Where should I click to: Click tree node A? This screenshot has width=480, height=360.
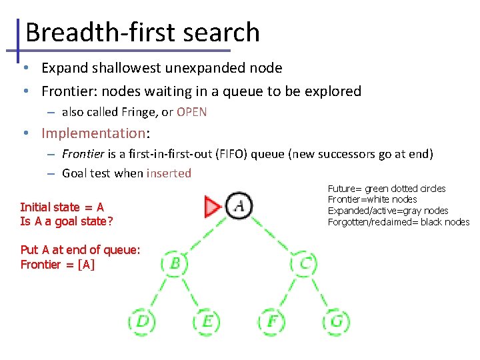point(239,206)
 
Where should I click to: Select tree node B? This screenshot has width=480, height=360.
point(175,262)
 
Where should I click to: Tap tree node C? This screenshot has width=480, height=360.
point(304,262)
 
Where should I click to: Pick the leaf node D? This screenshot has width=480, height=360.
point(142,322)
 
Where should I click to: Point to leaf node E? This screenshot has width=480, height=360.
point(207,322)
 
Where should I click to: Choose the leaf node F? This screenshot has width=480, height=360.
point(272,322)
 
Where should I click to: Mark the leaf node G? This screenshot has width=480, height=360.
point(336,322)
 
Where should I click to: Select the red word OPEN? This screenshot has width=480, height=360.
point(192,112)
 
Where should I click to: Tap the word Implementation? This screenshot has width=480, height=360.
point(93,133)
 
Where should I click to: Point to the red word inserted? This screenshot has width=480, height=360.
point(169,173)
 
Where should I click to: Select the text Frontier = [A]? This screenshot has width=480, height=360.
point(57,264)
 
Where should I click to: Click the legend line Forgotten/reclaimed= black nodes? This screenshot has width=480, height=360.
point(399,222)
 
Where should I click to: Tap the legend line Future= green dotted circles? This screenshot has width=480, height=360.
point(387,189)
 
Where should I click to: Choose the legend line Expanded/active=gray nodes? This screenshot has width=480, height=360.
point(388,211)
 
